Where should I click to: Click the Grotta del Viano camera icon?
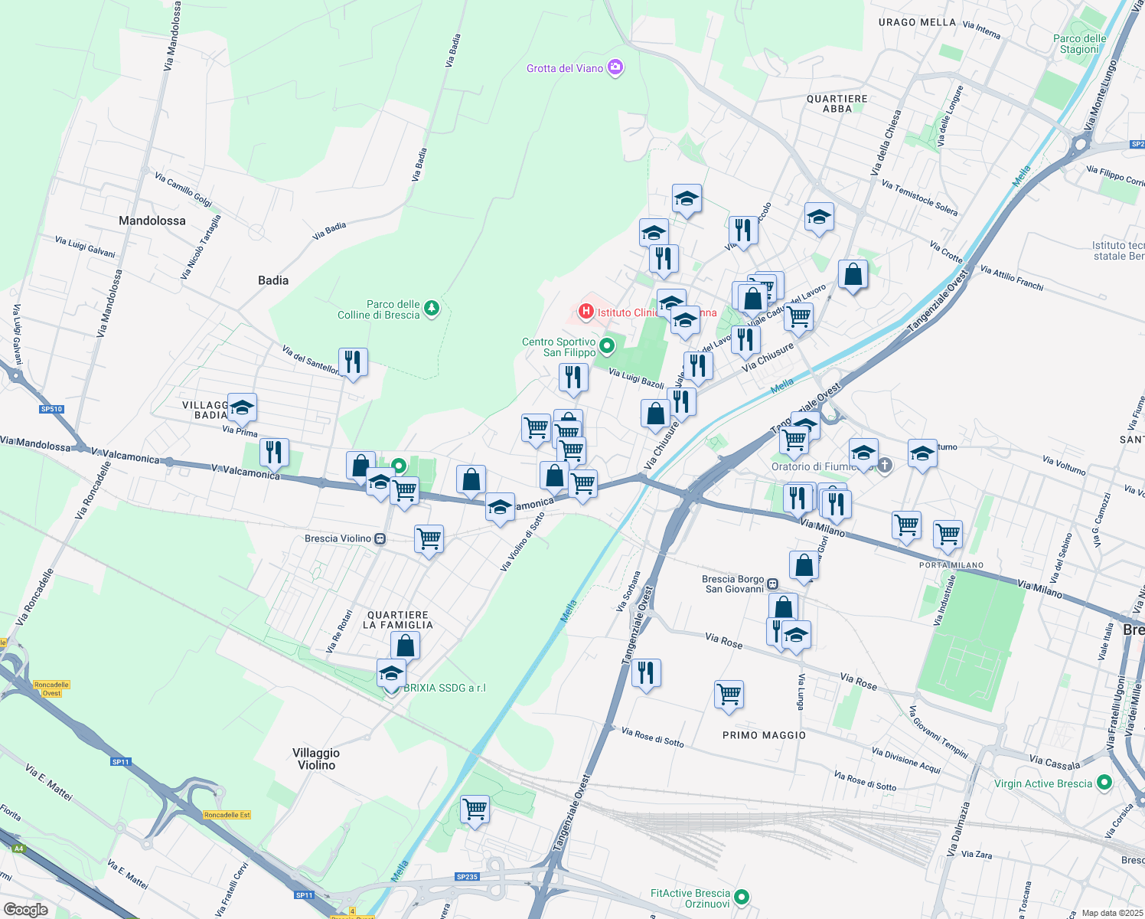615,67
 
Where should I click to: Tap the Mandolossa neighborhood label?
152,221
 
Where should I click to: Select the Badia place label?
273,280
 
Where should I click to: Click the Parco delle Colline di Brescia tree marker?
432,308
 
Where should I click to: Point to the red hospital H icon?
586,311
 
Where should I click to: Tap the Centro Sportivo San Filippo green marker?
607,347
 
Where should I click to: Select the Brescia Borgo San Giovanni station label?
733,584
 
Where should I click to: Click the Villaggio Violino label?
316,759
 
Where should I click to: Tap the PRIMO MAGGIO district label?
764,735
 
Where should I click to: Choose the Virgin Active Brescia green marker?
1104,783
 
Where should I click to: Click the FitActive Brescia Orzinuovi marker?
741,897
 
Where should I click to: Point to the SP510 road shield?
51,409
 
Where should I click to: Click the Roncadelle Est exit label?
227,815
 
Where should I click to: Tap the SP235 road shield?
467,877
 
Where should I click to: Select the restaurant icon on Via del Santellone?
353,361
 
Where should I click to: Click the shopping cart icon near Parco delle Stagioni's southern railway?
475,809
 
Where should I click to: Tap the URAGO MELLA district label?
917,22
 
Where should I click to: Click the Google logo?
25,909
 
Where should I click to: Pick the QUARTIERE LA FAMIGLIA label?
398,620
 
